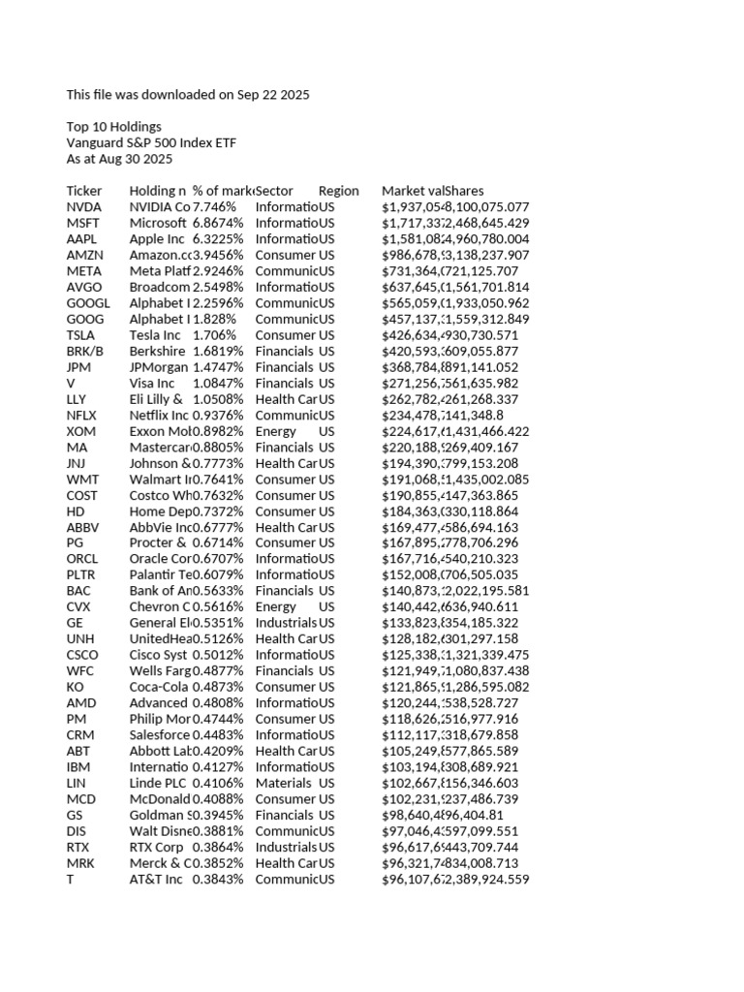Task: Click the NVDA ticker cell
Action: coord(81,207)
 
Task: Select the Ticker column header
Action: coord(84,191)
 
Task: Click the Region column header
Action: coord(338,191)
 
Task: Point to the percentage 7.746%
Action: coord(213,207)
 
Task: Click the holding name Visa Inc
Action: coord(151,383)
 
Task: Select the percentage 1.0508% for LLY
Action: coord(218,399)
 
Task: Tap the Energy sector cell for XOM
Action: coord(276,431)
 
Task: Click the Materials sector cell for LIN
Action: coord(284,783)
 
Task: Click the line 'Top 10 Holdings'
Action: coord(113,127)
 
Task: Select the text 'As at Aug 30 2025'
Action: coord(119,159)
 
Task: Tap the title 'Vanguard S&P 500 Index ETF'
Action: coord(151,143)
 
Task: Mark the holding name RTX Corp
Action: coord(156,847)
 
